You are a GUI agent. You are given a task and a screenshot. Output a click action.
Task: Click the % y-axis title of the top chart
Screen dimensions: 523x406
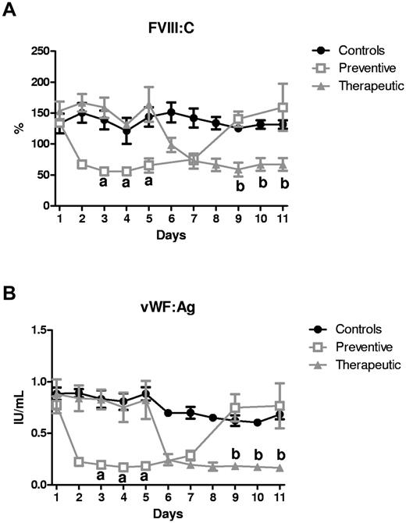tap(17, 128)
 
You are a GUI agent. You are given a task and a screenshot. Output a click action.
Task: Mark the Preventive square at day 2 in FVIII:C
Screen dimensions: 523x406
tap(80, 164)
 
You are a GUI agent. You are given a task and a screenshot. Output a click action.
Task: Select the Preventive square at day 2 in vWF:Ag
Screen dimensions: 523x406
tap(80, 461)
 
